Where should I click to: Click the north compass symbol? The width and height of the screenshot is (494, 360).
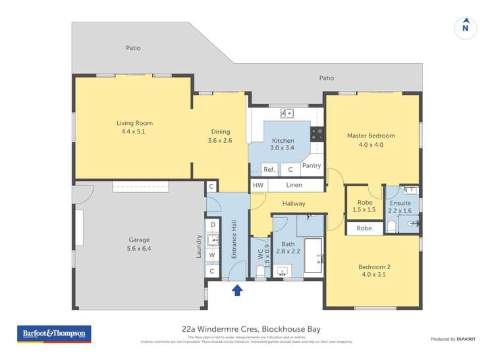(466, 27)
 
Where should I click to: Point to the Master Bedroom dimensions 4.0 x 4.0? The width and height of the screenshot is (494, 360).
(371, 145)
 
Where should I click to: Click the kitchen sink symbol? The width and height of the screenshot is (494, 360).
(287, 113)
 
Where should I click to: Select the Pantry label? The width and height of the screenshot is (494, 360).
(311, 166)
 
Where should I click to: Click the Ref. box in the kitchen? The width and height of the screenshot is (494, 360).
(269, 169)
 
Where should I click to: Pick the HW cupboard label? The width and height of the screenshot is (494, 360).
(258, 186)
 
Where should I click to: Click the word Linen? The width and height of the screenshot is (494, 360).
(294, 186)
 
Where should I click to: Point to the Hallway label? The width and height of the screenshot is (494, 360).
(293, 203)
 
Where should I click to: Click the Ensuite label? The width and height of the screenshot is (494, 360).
(400, 203)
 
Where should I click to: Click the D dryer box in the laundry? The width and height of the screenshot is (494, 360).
(212, 224)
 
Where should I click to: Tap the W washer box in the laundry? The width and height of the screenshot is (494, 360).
(212, 255)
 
